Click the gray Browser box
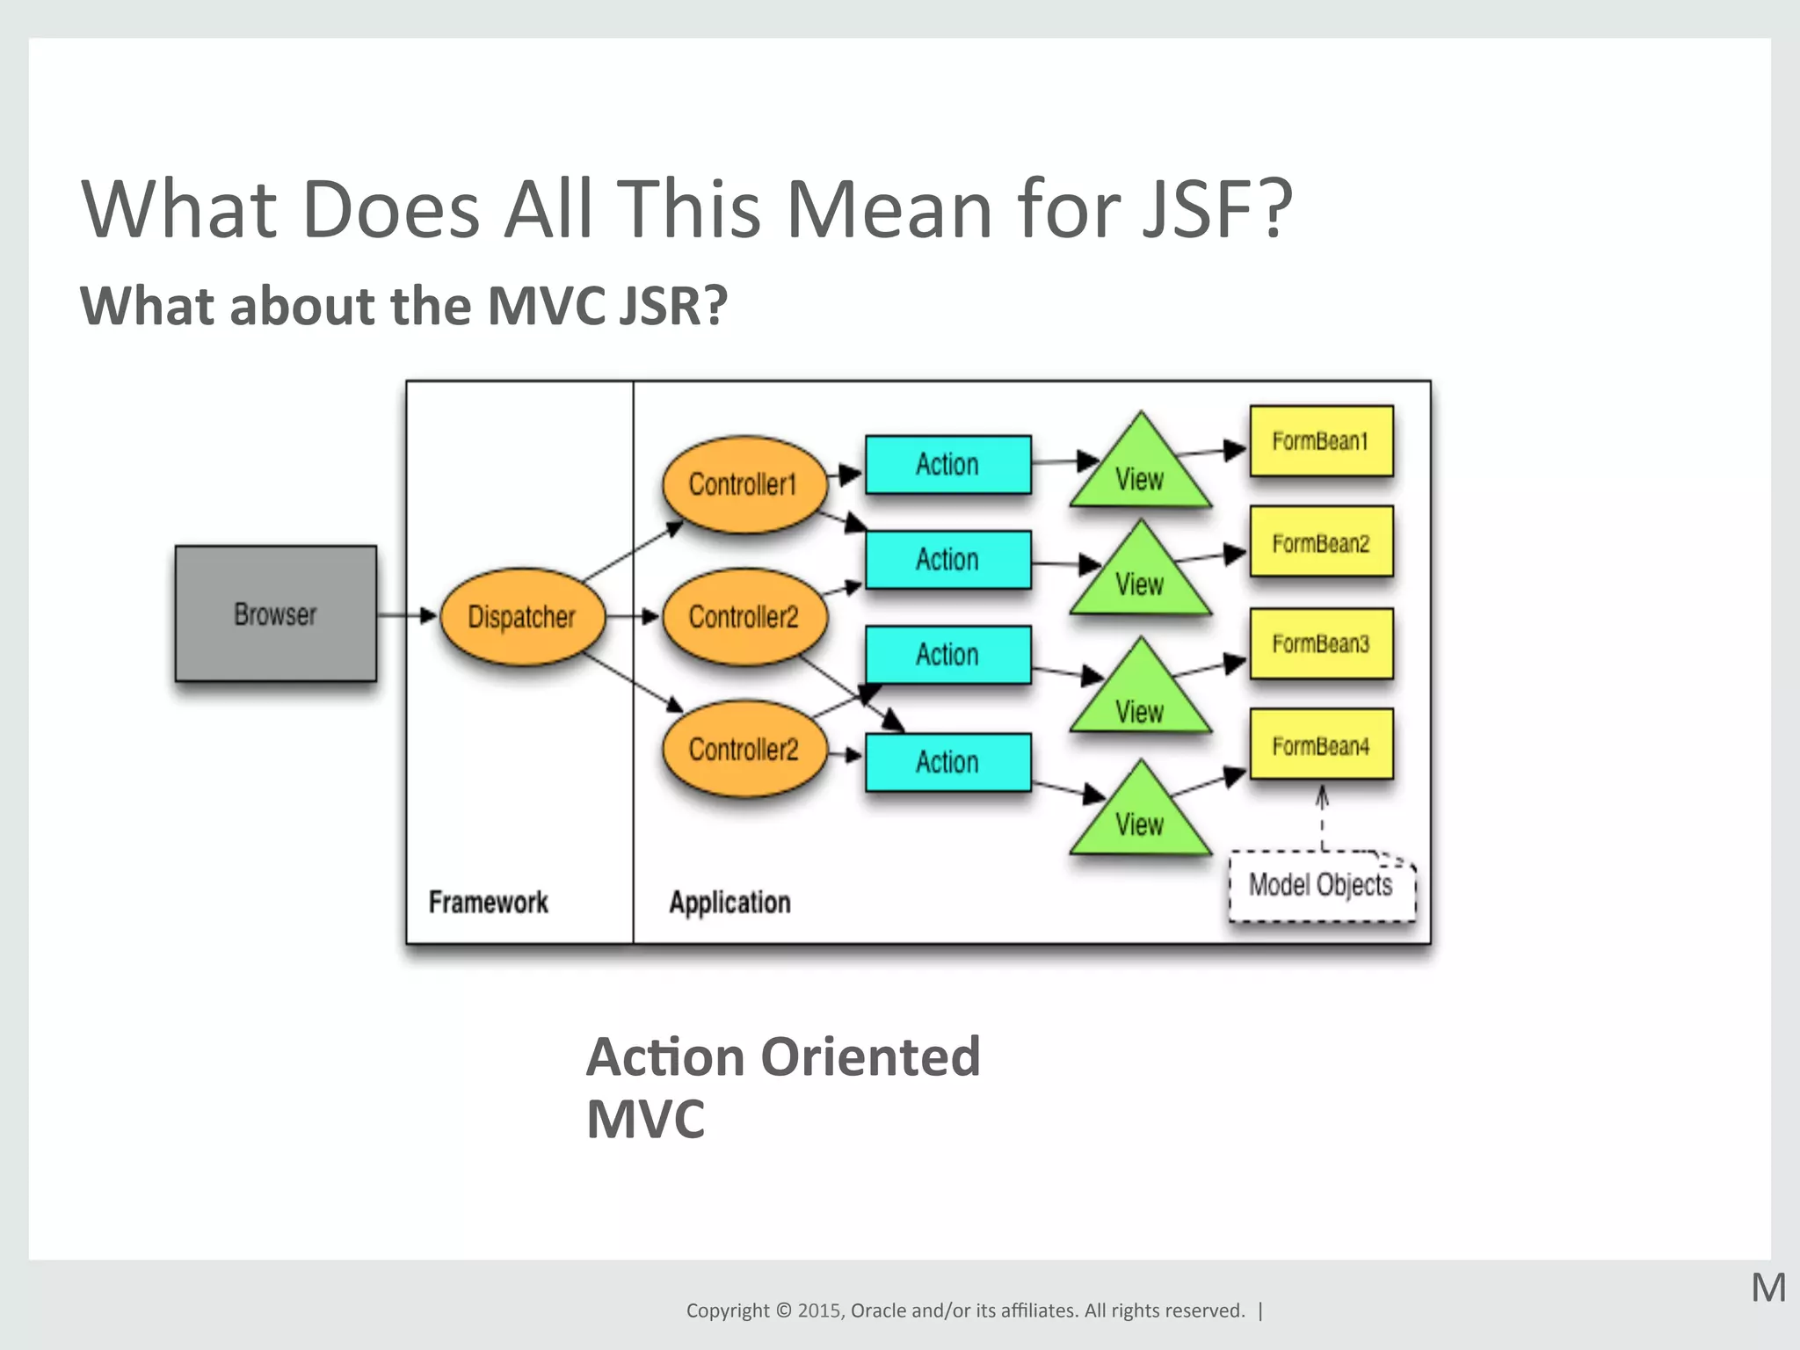[x=275, y=613]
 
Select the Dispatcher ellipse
[x=521, y=616]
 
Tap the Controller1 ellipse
[x=744, y=483]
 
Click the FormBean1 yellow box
[x=1321, y=440]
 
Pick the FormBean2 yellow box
[x=1321, y=542]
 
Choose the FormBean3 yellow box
[x=1321, y=643]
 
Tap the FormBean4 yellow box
[x=1321, y=745]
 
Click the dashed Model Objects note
[x=1321, y=885]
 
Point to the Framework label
[x=488, y=902]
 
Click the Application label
[x=729, y=902]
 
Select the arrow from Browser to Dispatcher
[x=407, y=615]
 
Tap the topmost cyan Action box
[x=947, y=464]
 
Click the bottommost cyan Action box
[x=947, y=761]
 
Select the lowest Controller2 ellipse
[x=744, y=749]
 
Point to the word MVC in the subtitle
[x=546, y=306]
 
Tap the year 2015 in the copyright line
[x=819, y=1310]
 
